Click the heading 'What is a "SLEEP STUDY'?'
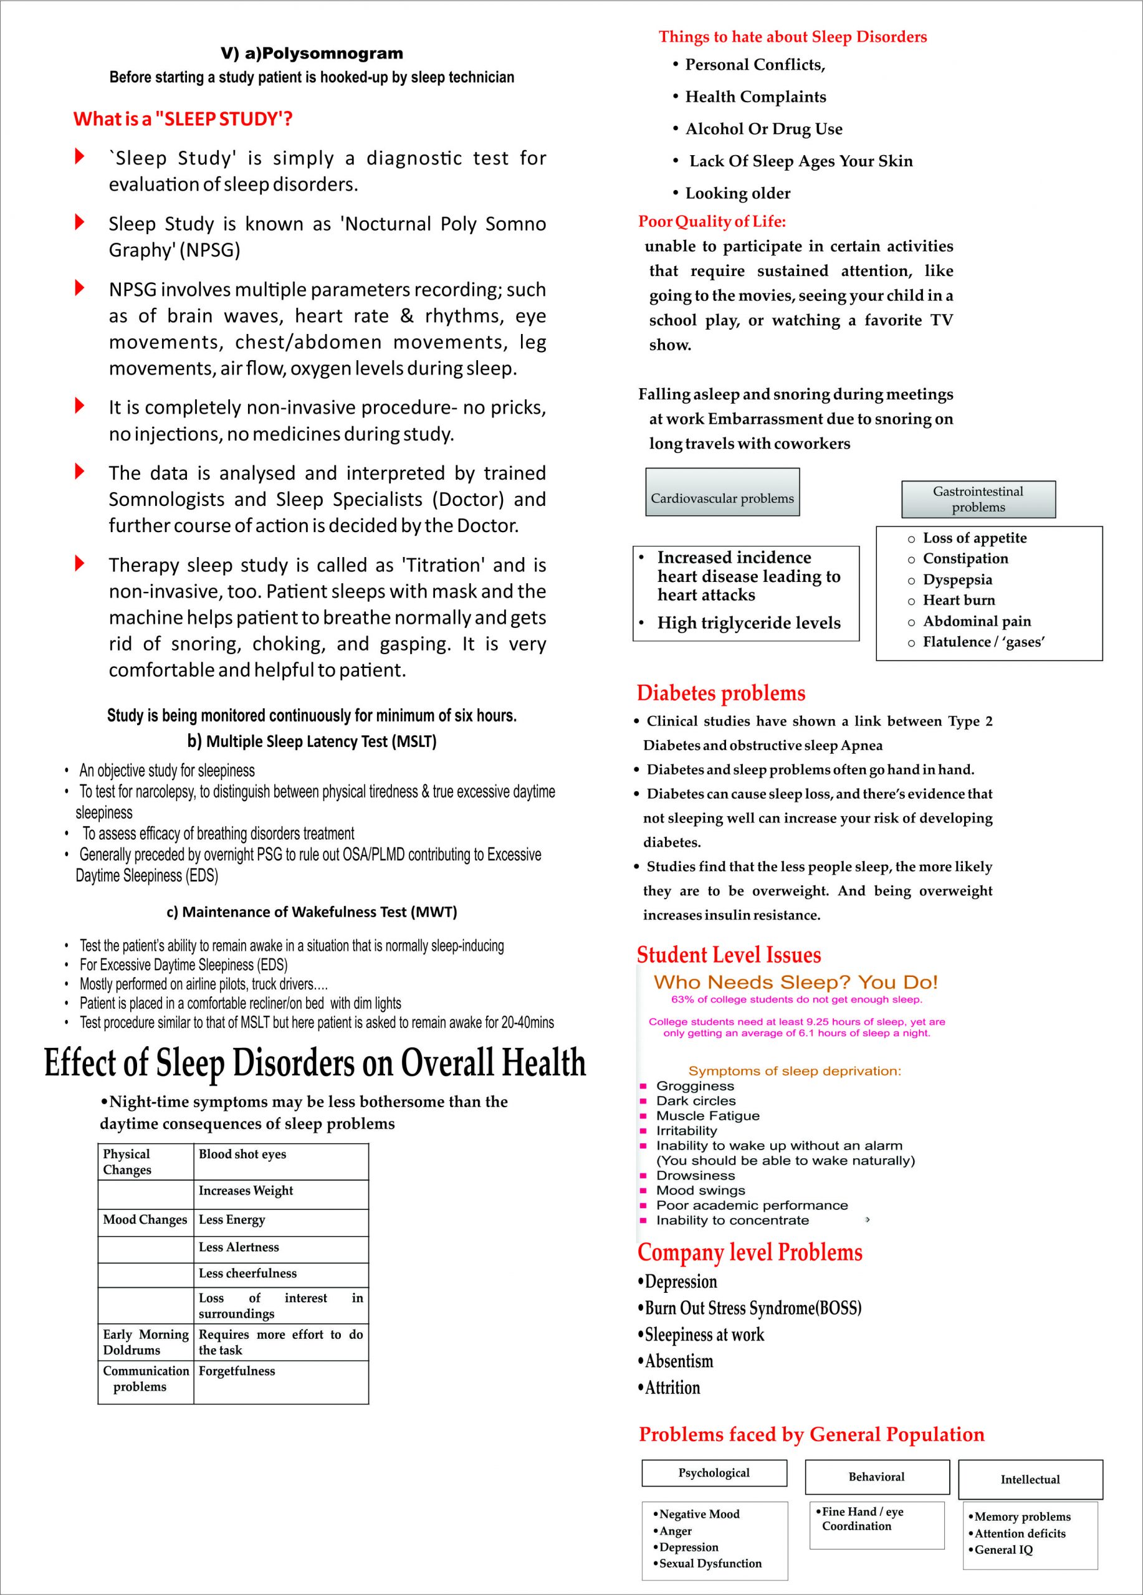coord(183,119)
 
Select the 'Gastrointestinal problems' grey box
coord(978,499)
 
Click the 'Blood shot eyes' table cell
coord(242,1154)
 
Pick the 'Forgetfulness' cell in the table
coord(237,1371)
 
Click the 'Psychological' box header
coord(714,1473)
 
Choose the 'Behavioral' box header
coord(876,1477)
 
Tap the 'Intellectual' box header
coord(1030,1480)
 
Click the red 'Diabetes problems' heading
coord(721,693)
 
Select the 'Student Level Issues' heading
coord(729,955)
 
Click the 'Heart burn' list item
coord(959,600)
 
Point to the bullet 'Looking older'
coord(737,193)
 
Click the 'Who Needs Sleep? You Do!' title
coord(795,983)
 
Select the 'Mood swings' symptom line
coord(701,1191)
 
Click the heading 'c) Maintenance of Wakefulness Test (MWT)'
coord(312,912)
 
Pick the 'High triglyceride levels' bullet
coord(748,623)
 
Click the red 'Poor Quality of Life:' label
coord(712,222)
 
